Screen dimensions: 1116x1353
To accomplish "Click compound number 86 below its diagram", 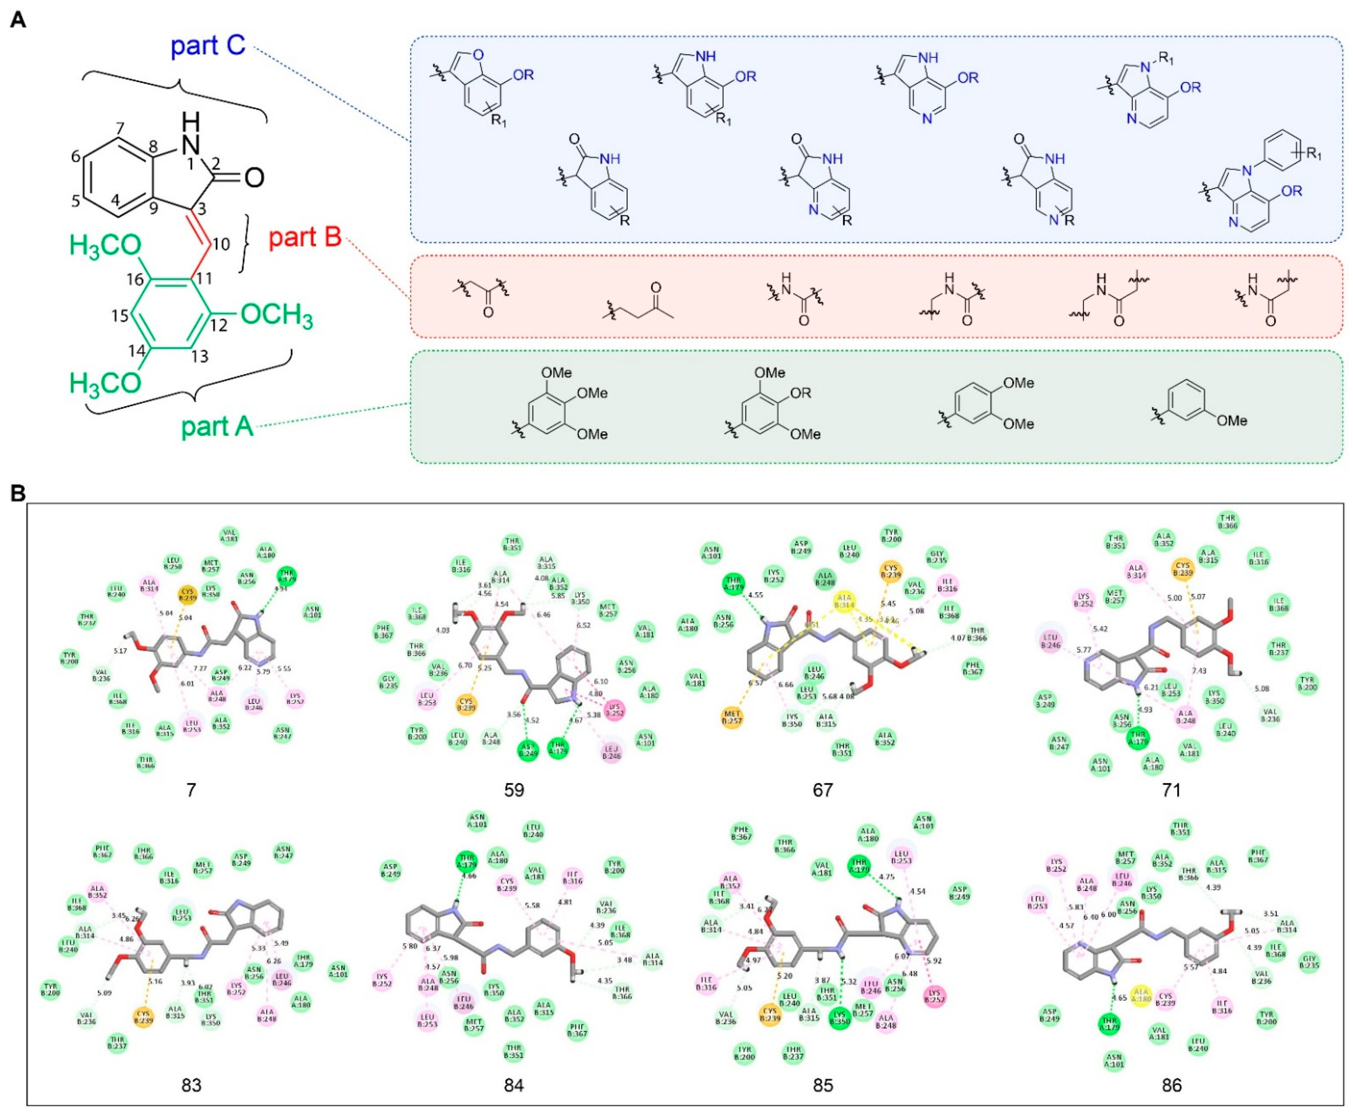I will [x=1171, y=1085].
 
